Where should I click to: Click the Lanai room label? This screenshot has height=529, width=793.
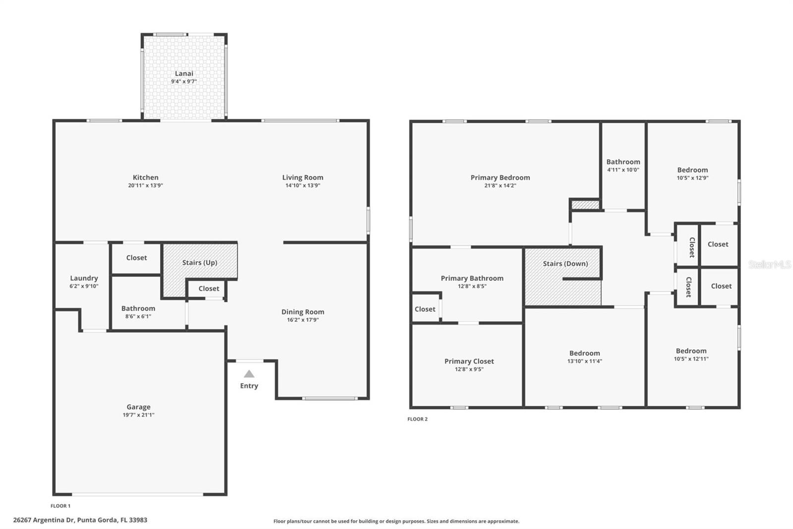(x=184, y=73)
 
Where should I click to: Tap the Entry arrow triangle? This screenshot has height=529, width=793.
(x=249, y=374)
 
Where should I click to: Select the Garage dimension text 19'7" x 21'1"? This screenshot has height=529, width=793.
(x=138, y=415)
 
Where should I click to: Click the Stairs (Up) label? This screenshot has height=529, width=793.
(x=199, y=263)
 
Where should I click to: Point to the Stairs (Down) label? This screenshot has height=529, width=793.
(x=565, y=264)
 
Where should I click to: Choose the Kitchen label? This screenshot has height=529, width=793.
(x=145, y=177)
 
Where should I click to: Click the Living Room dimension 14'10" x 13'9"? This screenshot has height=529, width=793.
(x=302, y=186)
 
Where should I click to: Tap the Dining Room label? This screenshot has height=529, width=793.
(x=302, y=312)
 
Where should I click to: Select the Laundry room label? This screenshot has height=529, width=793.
(x=84, y=278)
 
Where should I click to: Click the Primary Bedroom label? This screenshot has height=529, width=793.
(x=500, y=177)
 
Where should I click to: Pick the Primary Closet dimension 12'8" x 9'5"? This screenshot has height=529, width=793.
(x=469, y=369)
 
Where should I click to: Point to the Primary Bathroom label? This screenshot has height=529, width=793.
(x=472, y=278)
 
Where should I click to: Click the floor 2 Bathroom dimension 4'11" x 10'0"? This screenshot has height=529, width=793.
(x=623, y=170)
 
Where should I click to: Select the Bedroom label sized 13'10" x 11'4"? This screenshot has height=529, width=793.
(x=584, y=353)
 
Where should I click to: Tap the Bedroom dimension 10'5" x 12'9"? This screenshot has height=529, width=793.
(x=692, y=178)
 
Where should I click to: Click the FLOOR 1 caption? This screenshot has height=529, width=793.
(x=60, y=506)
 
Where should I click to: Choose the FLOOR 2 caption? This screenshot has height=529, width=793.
(x=417, y=419)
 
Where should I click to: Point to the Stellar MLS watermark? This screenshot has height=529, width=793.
(x=770, y=264)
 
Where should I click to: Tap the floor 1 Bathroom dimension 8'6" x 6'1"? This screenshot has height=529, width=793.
(x=138, y=316)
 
